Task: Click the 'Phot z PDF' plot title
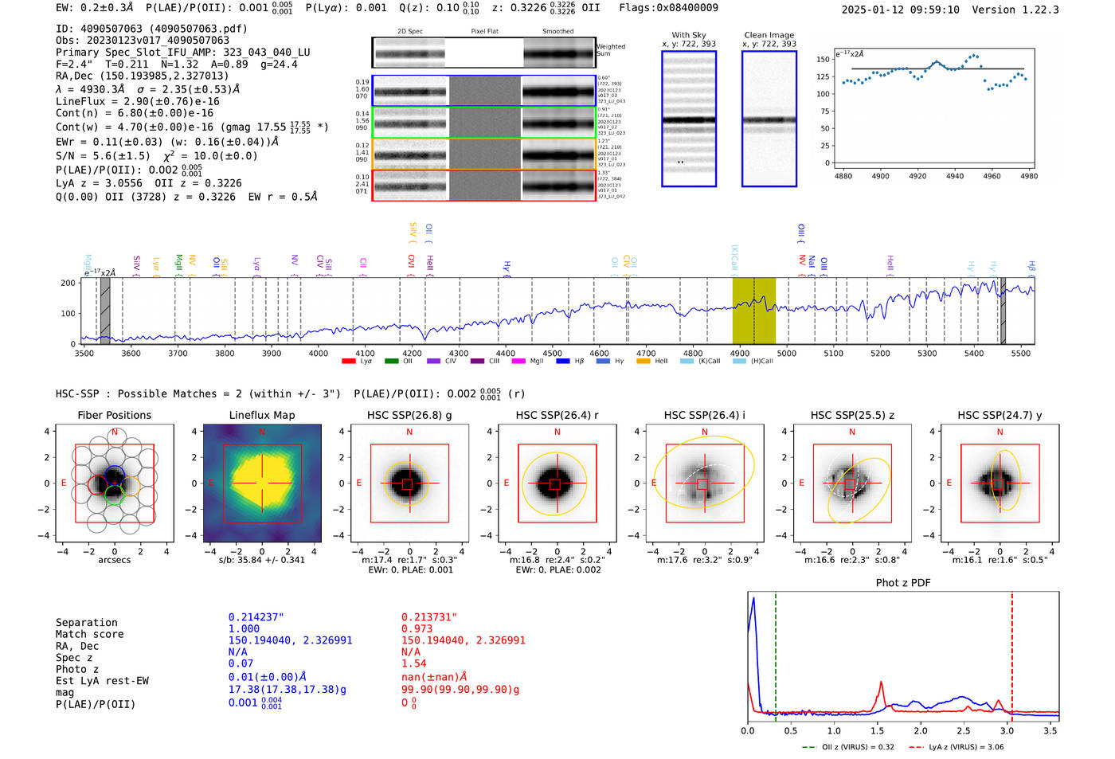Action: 903,583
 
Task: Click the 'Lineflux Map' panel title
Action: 262,415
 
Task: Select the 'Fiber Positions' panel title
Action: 115,415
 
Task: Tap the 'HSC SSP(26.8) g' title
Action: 409,415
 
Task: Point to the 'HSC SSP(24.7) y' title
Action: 1000,415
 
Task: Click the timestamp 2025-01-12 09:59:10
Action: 900,10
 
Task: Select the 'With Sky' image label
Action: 689,35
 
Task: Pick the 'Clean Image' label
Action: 769,35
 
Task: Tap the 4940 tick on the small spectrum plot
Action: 955,176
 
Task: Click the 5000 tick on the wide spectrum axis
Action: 787,354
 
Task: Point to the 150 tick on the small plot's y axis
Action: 823,60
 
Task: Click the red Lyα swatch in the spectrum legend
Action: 348,362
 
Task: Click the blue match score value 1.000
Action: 244,628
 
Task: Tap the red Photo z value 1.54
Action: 413,663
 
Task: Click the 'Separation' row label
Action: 87,623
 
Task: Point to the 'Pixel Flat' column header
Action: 484,32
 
